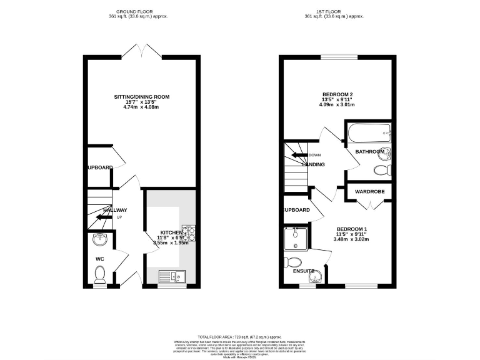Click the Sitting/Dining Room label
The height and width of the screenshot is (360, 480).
pyautogui.click(x=142, y=97)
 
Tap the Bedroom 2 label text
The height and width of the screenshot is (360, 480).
pyautogui.click(x=337, y=94)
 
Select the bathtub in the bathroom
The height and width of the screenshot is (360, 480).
pyautogui.click(x=368, y=132)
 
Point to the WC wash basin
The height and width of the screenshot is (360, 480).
pyautogui.click(x=99, y=240)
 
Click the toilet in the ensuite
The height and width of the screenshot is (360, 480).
pyautogui.click(x=292, y=262)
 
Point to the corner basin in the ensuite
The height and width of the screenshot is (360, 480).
pyautogui.click(x=317, y=275)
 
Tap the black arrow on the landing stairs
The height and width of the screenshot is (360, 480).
pyautogui.click(x=299, y=156)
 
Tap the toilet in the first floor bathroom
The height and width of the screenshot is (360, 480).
pyautogui.click(x=381, y=170)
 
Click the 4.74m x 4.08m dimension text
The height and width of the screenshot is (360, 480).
pyautogui.click(x=142, y=107)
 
